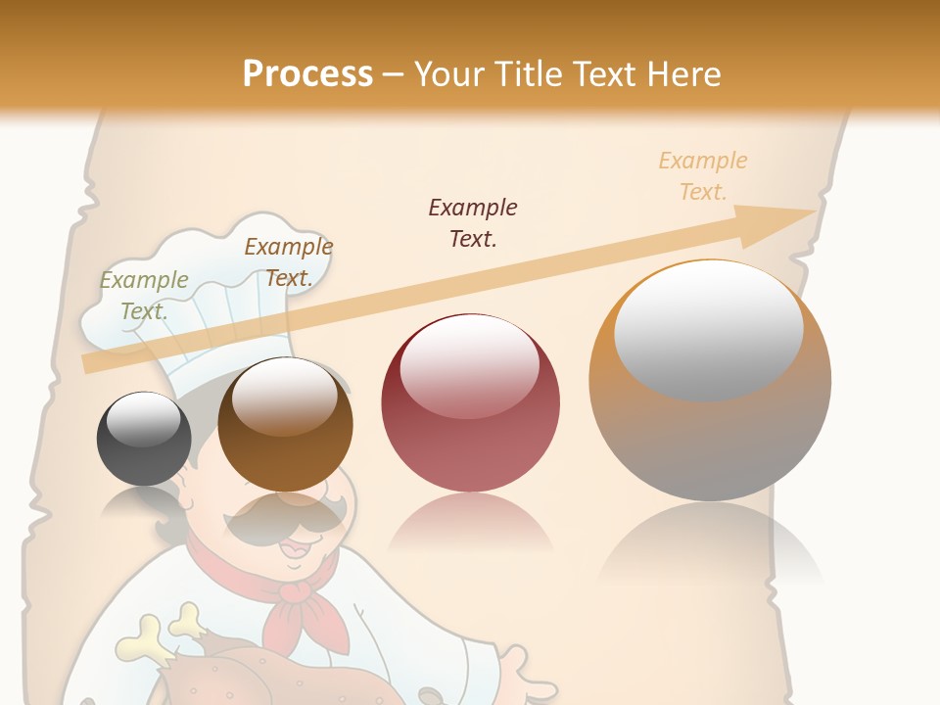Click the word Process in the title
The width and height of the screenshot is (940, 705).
[x=307, y=74]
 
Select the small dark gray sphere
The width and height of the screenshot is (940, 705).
[x=144, y=439]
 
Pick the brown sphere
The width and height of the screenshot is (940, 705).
[x=285, y=425]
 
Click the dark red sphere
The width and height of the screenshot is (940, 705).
[x=470, y=402]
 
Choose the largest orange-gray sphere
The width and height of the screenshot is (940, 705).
[x=710, y=380]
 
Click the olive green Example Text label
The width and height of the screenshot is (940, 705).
[x=144, y=295]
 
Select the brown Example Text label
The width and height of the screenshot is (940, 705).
[x=288, y=261]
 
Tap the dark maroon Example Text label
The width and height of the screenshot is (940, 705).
[x=473, y=222]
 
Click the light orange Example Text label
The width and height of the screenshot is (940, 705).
[x=703, y=175]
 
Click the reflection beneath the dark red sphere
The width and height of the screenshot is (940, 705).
[x=470, y=524]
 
